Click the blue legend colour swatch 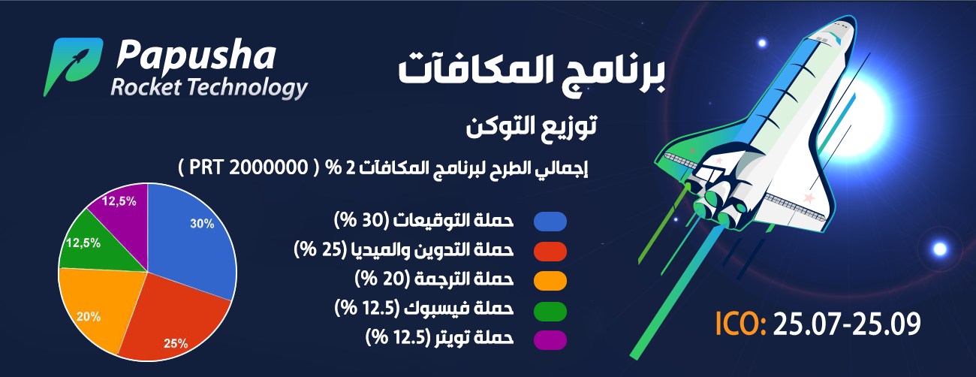pos(550,222)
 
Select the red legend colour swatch pos(550,252)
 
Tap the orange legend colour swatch pos(550,281)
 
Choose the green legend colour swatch pos(550,311)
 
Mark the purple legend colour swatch pos(550,340)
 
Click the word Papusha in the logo pos(196,56)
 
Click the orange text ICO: pos(740,324)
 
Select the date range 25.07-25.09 pos(847,324)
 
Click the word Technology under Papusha pos(248,88)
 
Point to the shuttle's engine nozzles pos(715,205)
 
